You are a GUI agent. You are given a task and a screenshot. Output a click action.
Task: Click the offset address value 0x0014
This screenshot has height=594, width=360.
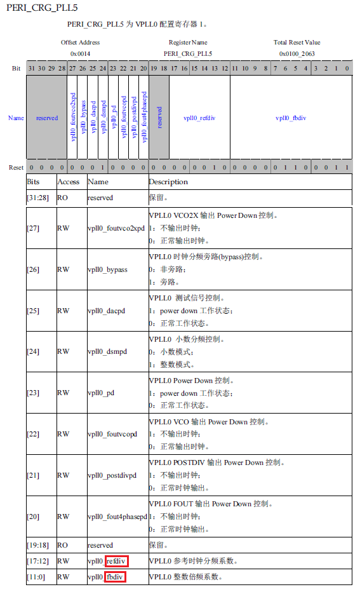(80, 54)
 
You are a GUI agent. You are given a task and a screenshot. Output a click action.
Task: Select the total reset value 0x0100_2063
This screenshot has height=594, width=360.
(297, 54)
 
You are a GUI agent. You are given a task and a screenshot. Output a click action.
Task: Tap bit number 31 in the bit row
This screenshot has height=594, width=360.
(30, 68)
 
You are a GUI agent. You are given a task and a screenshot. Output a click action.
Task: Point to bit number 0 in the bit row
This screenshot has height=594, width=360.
(347, 68)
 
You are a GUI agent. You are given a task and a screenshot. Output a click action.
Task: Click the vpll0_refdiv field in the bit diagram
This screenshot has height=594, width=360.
(199, 118)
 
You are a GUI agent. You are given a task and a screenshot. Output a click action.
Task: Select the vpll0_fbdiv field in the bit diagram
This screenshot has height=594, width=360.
(291, 118)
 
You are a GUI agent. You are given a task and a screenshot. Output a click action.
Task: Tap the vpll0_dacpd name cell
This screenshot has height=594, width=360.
(107, 311)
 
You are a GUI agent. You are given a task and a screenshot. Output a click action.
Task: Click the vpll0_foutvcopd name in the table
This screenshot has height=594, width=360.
(112, 434)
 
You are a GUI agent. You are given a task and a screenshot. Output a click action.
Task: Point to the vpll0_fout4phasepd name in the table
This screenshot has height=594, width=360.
(117, 516)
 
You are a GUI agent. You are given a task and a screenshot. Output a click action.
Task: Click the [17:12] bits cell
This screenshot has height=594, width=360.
(37, 561)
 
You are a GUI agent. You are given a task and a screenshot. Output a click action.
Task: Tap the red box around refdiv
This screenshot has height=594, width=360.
(117, 561)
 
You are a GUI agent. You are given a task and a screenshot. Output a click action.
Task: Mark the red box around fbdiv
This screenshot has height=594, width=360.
(115, 577)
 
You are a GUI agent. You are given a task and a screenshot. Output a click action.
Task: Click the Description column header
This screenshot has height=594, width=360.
(168, 182)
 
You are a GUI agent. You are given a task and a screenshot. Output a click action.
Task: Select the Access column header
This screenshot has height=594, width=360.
(69, 182)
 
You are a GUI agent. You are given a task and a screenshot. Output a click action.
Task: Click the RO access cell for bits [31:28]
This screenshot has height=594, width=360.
(63, 198)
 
